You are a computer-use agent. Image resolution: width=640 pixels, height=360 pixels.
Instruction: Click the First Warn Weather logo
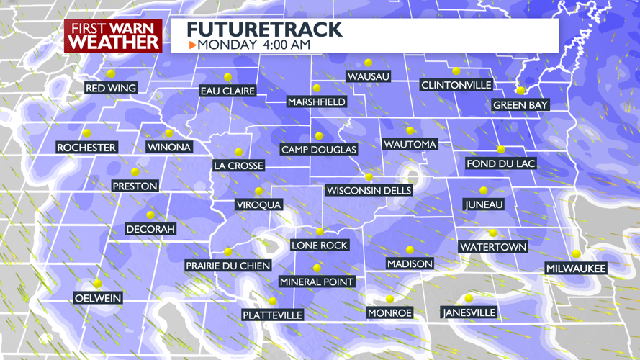point(113,35)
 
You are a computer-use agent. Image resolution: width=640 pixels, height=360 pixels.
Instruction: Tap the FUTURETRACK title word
point(264,30)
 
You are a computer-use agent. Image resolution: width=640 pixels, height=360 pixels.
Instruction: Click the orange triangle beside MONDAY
point(192,45)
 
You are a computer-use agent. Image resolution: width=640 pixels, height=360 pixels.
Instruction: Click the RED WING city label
point(111,89)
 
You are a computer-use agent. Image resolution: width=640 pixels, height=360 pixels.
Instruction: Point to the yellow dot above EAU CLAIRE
point(227,77)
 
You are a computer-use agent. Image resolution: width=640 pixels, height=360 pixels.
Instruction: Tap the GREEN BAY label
point(520,105)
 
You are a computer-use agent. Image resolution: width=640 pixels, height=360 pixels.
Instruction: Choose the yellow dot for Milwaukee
point(576,254)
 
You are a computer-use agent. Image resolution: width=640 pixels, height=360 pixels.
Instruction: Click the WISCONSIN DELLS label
point(369,191)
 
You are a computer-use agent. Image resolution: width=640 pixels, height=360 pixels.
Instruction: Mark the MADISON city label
point(410,264)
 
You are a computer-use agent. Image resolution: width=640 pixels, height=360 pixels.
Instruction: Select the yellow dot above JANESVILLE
point(469,299)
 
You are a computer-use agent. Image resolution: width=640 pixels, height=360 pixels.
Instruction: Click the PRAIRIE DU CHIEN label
point(227,266)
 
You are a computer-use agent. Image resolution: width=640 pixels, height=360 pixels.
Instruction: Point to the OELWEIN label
point(98,298)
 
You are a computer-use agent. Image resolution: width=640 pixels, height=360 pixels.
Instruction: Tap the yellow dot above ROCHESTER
point(86,133)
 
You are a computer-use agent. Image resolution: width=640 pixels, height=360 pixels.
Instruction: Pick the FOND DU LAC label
point(501,163)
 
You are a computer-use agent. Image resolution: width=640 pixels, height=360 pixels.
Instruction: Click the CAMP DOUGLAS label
point(319,150)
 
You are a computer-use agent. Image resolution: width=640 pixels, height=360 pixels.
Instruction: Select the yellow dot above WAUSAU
point(368,63)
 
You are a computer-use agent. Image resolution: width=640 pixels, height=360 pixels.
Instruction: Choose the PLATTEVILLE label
point(272,315)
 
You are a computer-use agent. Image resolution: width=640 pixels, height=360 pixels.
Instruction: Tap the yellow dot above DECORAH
point(150,215)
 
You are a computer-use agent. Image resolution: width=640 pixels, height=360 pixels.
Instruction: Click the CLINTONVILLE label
point(456,85)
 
